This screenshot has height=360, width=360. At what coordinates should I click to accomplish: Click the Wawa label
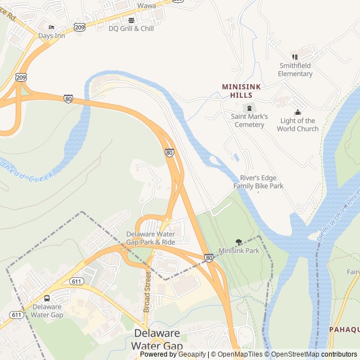click(x=147, y=6)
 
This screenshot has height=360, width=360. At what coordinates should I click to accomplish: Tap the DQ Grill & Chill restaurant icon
click(x=131, y=20)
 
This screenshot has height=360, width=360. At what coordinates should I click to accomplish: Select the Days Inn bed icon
click(x=52, y=28)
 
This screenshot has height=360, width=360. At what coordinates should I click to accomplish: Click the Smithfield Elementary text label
click(x=295, y=70)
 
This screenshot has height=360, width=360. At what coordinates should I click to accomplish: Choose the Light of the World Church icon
click(x=298, y=112)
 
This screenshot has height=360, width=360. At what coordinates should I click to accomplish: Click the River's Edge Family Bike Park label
click(x=258, y=182)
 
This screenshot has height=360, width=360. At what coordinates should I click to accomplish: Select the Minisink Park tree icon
click(x=239, y=242)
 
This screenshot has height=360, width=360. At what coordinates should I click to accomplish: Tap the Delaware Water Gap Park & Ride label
click(x=150, y=238)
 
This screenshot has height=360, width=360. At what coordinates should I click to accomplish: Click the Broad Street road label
click(x=147, y=292)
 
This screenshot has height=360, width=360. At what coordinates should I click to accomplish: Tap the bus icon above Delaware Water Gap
click(x=47, y=298)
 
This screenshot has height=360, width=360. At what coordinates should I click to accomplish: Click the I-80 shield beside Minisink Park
click(x=209, y=258)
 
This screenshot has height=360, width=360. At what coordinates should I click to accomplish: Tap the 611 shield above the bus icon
click(x=76, y=281)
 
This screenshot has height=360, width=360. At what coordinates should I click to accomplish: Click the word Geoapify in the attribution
click(x=191, y=354)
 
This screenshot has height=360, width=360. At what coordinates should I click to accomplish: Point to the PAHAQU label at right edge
click(x=344, y=329)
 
